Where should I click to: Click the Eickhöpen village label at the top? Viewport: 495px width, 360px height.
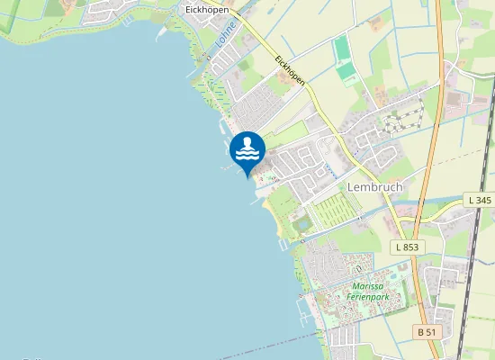tap(206, 9)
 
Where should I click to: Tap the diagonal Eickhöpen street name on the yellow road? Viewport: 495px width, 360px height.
tap(289, 71)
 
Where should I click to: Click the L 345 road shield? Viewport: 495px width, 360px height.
tap(480, 199)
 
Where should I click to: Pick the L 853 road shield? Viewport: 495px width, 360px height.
tap(407, 246)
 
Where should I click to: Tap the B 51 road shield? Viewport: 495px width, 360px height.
tap(428, 332)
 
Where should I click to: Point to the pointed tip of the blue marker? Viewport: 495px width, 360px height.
tap(247, 176)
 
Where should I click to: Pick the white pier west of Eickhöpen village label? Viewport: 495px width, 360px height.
tap(162, 33)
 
